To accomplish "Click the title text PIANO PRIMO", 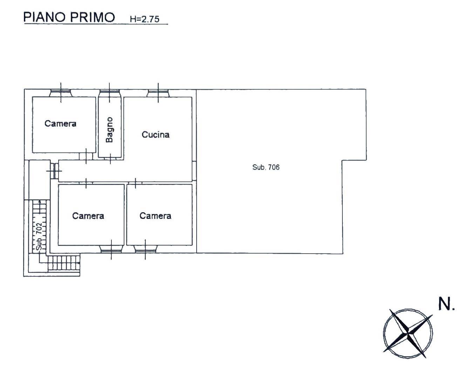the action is pyautogui.click(x=69, y=17).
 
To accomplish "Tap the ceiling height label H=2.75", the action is pyautogui.click(x=145, y=19).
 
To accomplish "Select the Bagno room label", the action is pyautogui.click(x=109, y=130).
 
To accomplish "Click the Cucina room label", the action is pyautogui.click(x=155, y=135).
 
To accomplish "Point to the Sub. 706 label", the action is pyautogui.click(x=266, y=167).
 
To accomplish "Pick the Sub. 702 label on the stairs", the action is pyautogui.click(x=39, y=236).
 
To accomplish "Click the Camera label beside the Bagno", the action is pyautogui.click(x=60, y=124).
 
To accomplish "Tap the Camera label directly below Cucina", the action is pyautogui.click(x=155, y=216).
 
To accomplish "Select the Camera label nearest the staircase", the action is pyautogui.click(x=88, y=216).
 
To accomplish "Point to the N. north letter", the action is pyautogui.click(x=446, y=304).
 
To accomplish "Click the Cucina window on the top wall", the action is pyautogui.click(x=158, y=93).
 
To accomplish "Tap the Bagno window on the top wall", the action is pyautogui.click(x=109, y=93).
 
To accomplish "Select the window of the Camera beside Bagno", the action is pyautogui.click(x=61, y=93).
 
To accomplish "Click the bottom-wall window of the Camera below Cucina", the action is pyautogui.click(x=145, y=249).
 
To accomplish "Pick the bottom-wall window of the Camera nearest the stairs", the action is pyautogui.click(x=111, y=249).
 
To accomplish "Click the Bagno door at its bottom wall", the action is pyautogui.click(x=110, y=159).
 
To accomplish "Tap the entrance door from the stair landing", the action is pyautogui.click(x=54, y=171).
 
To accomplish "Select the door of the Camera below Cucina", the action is pyautogui.click(x=136, y=183).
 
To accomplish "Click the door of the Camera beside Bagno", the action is pyautogui.click(x=86, y=156).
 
